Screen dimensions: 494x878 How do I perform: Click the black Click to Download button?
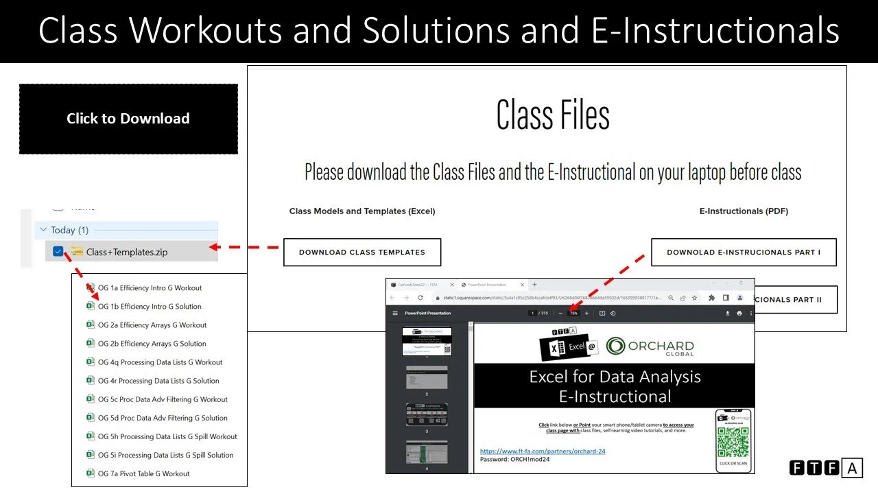[x=128, y=119]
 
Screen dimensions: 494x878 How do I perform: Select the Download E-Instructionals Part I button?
[x=744, y=252]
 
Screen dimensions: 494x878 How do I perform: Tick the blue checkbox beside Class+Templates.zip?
[x=58, y=252]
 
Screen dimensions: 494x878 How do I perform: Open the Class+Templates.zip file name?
[x=127, y=252]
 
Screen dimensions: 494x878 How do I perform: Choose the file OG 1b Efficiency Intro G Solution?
[x=150, y=307]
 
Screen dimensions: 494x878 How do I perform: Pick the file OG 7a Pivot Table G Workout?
[x=143, y=473]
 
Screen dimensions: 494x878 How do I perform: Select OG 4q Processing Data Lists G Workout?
[x=160, y=362]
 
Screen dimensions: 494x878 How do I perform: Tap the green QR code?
[x=733, y=442]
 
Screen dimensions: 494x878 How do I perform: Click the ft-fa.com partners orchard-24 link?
[x=543, y=451]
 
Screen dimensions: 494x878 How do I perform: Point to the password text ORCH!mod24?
[x=514, y=459]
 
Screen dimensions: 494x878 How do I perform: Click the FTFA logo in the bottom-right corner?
[x=825, y=468]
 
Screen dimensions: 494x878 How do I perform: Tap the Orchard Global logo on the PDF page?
[x=650, y=346]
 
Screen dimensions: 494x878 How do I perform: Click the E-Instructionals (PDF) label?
[x=744, y=211]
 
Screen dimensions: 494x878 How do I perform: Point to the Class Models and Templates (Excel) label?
[x=362, y=211]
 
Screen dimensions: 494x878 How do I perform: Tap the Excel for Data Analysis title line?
[x=615, y=376]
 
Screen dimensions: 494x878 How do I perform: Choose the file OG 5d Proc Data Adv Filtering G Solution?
[x=163, y=418]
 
